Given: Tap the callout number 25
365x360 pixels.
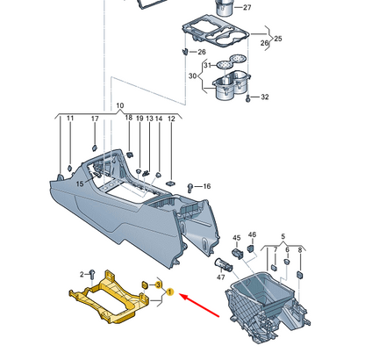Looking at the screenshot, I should tap(279, 40).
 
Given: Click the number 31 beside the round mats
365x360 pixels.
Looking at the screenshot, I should tap(207, 65).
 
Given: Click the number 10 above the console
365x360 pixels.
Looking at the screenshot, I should tap(120, 105).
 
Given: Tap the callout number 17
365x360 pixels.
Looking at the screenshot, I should tap(95, 119).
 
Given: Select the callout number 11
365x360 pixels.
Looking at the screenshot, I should tap(70, 119).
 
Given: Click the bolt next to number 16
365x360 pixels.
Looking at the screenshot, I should tap(191, 186).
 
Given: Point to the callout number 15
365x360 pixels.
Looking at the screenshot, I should tap(78, 184).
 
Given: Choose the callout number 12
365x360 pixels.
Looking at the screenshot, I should tap(172, 119).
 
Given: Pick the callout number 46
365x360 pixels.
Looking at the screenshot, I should tap(252, 234).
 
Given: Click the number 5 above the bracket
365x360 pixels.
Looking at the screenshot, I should tap(283, 236).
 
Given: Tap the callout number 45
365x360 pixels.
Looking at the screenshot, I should tap(236, 238).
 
